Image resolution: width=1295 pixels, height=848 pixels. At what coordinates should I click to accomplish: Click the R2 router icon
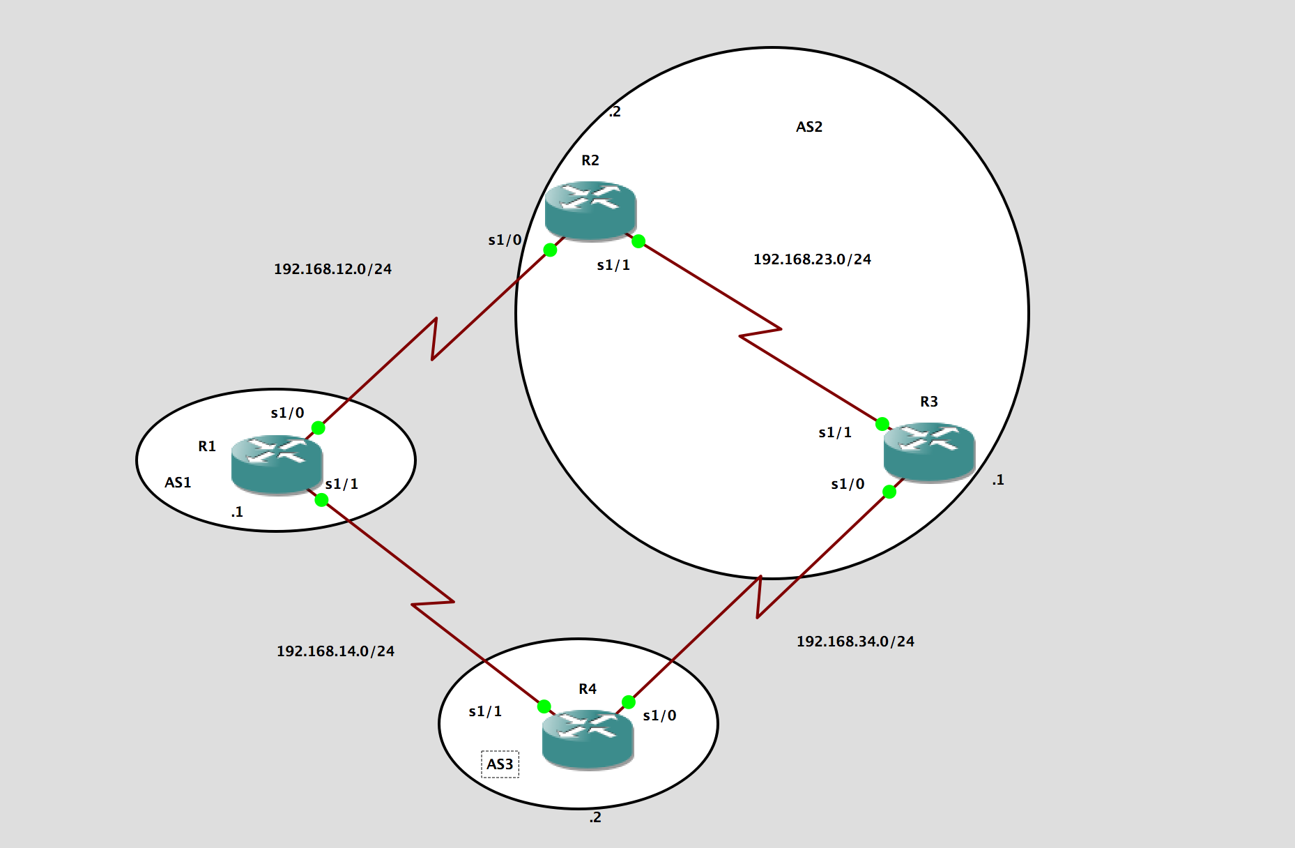(x=590, y=210)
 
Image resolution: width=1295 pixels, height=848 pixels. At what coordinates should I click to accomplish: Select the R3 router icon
(x=929, y=451)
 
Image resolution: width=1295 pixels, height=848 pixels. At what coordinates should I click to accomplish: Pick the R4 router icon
(x=588, y=739)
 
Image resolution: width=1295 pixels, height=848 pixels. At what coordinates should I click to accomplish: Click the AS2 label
(x=809, y=127)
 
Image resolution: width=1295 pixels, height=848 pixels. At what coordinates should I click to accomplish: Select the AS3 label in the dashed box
(x=500, y=764)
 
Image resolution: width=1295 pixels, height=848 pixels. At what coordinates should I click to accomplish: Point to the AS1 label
(x=178, y=483)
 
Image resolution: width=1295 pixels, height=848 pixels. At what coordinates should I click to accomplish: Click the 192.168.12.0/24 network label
(x=332, y=269)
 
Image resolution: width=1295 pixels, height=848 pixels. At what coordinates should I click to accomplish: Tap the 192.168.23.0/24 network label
(x=812, y=259)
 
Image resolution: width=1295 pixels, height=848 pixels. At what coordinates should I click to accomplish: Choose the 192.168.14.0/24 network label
(x=335, y=651)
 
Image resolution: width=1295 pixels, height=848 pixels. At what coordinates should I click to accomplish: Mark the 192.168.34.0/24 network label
(x=855, y=642)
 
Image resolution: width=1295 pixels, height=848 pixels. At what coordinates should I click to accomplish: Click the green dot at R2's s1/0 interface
(x=550, y=250)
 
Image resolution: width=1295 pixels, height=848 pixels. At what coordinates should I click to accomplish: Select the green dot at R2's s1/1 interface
(x=638, y=241)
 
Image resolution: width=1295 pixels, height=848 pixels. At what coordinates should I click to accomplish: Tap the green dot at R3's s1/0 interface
(x=889, y=492)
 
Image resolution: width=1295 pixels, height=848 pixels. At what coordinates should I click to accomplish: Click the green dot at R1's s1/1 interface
(x=321, y=499)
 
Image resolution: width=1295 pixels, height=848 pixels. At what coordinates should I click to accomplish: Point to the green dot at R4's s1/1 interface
(x=544, y=706)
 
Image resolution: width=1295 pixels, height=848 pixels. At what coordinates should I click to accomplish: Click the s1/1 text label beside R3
(x=835, y=432)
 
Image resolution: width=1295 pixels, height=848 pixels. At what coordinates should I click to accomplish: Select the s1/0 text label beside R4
(x=659, y=715)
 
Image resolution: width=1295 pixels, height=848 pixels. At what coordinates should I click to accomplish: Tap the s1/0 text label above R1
(x=287, y=413)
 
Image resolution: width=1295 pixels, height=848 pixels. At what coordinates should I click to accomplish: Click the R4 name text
(x=588, y=689)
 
